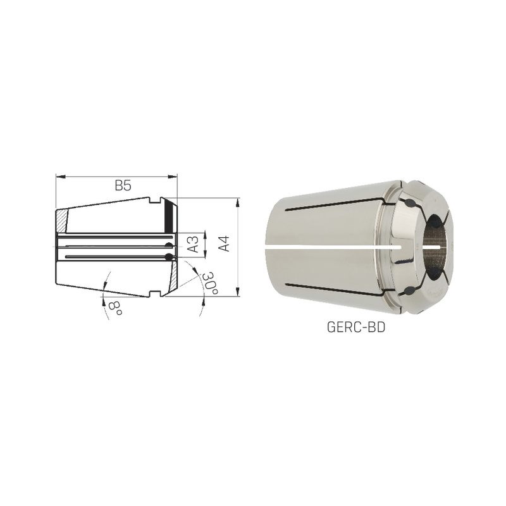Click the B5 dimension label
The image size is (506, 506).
click(123, 186)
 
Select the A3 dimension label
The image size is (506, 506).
click(194, 245)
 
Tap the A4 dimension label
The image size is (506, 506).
click(224, 244)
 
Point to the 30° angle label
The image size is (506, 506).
click(210, 283)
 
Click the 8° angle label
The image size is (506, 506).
click(115, 309)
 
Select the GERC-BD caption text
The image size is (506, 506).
click(356, 328)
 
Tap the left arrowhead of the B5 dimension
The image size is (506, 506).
click(61, 176)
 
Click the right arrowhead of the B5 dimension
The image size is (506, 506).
click(173, 176)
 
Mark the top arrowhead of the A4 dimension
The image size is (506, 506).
click(238, 203)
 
